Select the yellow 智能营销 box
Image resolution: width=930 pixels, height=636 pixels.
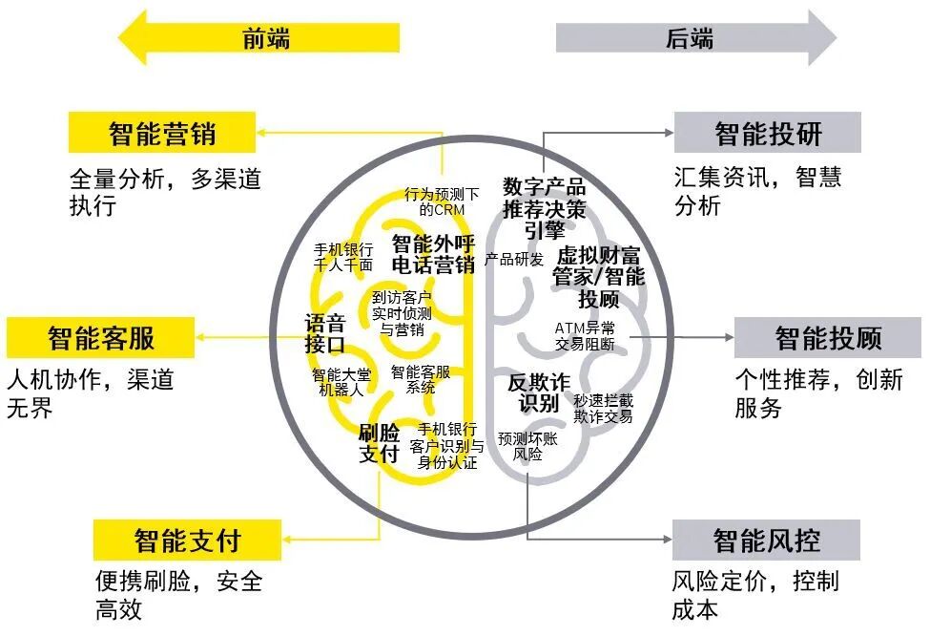click(162, 133)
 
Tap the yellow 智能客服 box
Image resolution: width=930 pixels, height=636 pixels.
click(101, 338)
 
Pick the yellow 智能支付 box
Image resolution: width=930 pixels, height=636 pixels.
click(187, 541)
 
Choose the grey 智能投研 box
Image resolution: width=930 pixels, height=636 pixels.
click(768, 133)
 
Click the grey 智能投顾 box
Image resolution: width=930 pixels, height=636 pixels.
click(827, 338)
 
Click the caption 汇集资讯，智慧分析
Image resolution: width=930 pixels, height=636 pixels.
click(757, 191)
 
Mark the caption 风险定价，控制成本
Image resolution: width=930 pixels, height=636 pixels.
click(754, 595)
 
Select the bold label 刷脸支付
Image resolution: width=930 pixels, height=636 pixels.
click(379, 443)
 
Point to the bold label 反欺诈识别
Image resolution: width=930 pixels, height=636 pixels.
click(538, 392)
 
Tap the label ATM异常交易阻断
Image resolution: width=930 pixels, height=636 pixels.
click(585, 336)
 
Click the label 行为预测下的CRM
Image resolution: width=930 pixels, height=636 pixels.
click(442, 201)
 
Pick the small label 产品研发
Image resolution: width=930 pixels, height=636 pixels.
click(514, 260)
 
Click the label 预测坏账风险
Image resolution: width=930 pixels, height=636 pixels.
click(527, 447)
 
